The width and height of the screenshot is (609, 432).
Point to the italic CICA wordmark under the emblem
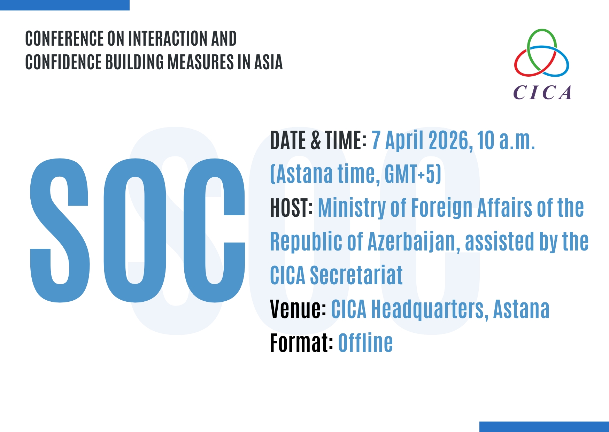[542, 93]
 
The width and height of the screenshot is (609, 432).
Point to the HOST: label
[291, 208]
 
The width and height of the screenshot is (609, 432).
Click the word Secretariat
[356, 275]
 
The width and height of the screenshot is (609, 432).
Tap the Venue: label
[298, 309]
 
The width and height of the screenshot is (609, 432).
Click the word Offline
[365, 342]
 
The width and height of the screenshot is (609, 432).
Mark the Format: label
[302, 343]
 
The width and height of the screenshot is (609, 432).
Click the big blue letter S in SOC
[60, 230]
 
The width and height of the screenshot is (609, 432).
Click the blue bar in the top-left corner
[65, 5]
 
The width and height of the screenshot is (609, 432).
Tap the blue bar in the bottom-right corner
[544, 427]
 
